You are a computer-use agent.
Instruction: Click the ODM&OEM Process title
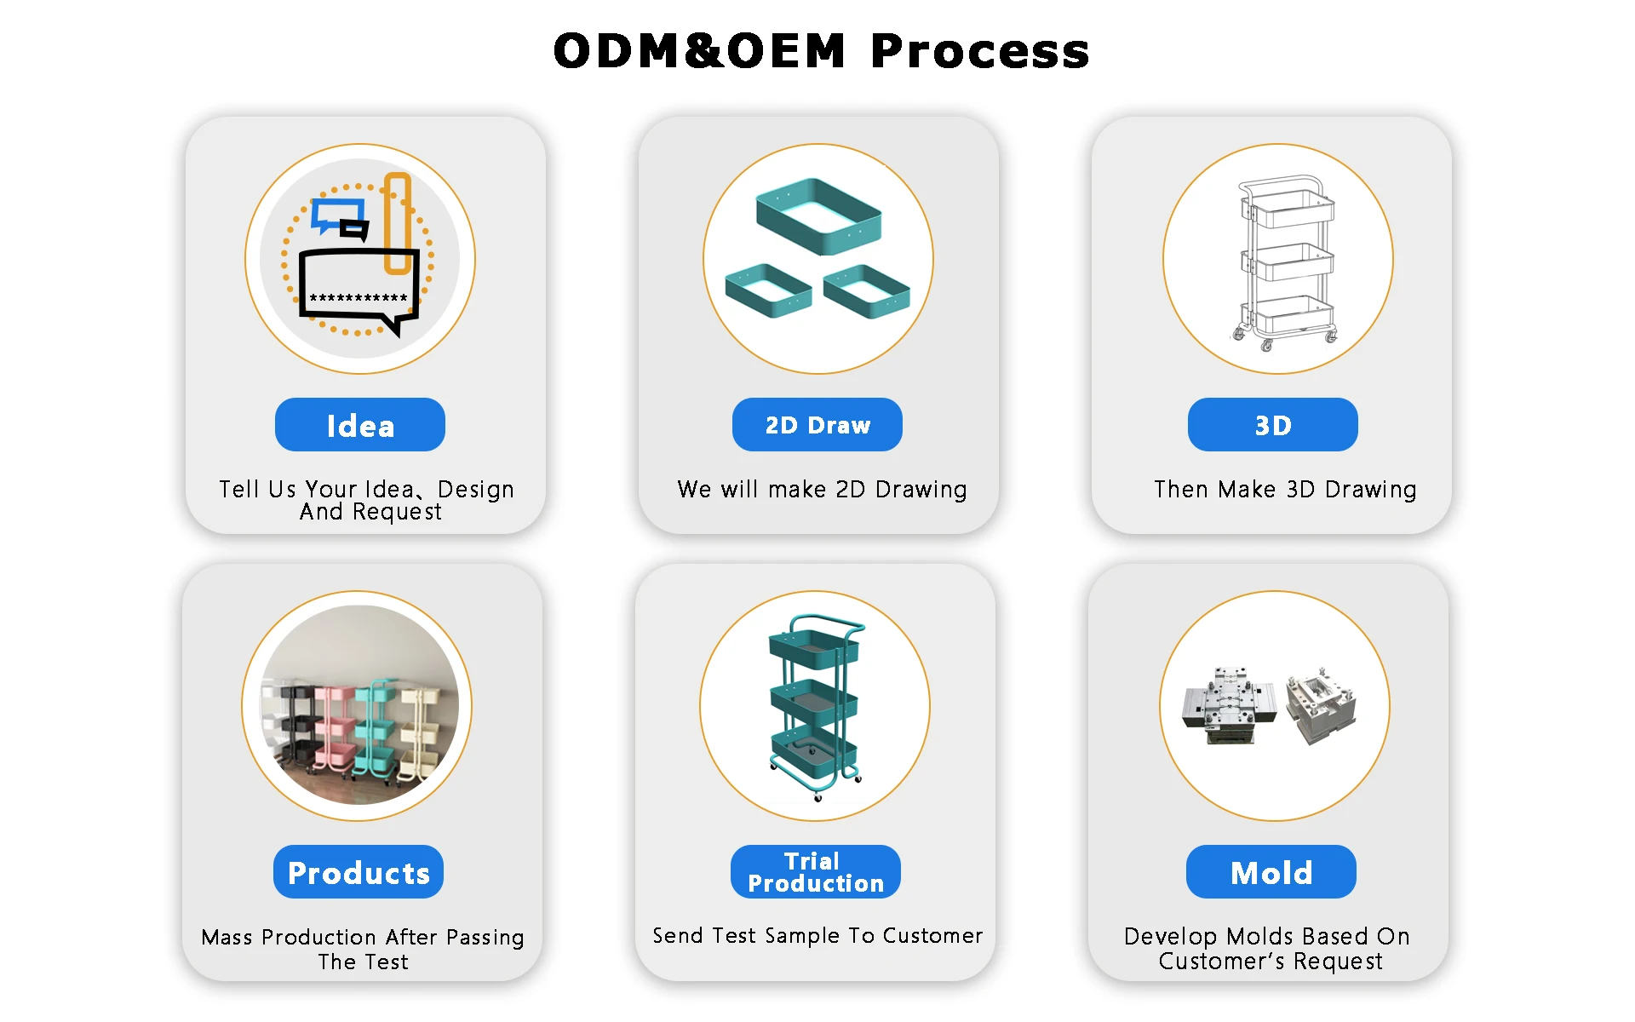coord(821,51)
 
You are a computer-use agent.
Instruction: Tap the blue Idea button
coord(360,425)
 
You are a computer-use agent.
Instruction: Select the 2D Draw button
coord(817,425)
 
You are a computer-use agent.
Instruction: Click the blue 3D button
coord(1272,425)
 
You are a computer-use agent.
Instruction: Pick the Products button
coord(359,872)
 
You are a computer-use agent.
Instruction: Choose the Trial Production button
coord(816,872)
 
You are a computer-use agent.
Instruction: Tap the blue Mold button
coord(1271,872)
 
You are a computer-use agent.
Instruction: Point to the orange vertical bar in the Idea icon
coord(398,223)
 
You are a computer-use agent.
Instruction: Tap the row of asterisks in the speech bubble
coord(359,297)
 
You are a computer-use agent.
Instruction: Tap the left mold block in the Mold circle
coord(1227,707)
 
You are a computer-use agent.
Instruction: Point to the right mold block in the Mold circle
coord(1321,707)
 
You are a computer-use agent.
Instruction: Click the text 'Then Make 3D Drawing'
coord(1285,490)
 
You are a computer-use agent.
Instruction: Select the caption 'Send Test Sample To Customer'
coord(817,936)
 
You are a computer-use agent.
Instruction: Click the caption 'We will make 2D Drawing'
coord(822,490)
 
